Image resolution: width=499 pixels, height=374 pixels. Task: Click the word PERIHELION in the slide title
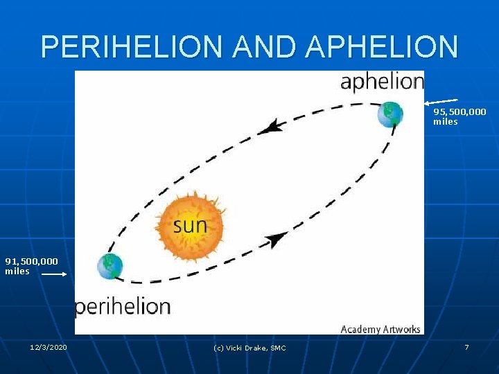click(x=134, y=47)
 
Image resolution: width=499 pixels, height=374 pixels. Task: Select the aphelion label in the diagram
click(x=382, y=82)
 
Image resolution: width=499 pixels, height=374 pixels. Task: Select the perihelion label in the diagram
click(x=123, y=306)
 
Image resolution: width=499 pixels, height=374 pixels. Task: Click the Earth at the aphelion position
click(x=389, y=114)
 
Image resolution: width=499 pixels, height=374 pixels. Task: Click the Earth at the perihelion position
click(x=110, y=266)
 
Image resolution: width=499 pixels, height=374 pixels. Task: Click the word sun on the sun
click(x=189, y=225)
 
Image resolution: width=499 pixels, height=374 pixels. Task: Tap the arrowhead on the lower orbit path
click(x=277, y=240)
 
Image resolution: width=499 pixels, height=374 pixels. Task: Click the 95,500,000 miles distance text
click(x=459, y=116)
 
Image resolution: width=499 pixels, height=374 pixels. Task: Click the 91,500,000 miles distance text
click(x=31, y=266)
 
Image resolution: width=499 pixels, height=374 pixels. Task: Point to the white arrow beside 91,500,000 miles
click(x=54, y=274)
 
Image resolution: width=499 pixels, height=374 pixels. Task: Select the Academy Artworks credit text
click(x=380, y=329)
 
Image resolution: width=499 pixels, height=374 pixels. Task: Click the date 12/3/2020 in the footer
click(x=49, y=347)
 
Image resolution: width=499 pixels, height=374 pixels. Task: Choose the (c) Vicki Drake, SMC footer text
click(x=249, y=348)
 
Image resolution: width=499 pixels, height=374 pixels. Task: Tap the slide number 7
click(x=466, y=347)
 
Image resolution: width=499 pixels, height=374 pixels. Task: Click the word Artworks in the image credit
click(x=399, y=329)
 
